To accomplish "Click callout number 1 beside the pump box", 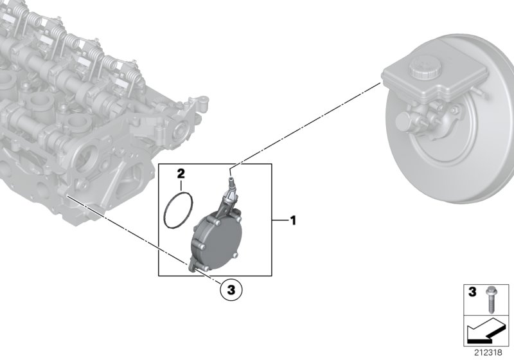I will [x=293, y=221].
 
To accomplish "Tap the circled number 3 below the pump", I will [x=231, y=290].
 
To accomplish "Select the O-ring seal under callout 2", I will [x=178, y=210].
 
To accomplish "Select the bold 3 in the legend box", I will [x=472, y=293].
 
